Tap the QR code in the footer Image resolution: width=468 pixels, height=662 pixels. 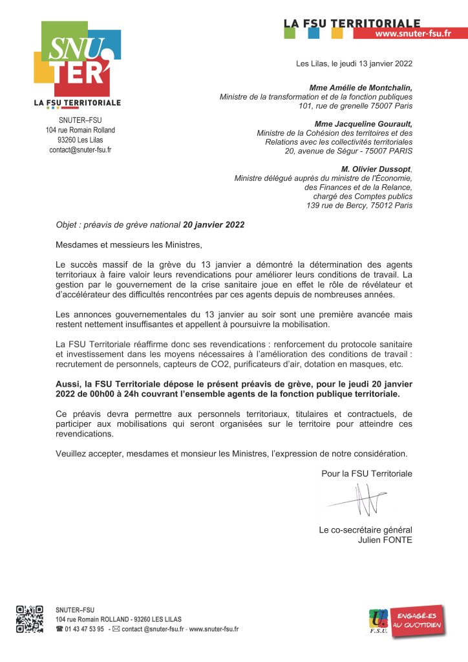30,619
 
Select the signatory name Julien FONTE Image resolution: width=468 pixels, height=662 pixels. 385,540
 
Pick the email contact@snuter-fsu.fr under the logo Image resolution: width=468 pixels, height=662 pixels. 80,149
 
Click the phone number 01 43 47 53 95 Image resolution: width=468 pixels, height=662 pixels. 84,628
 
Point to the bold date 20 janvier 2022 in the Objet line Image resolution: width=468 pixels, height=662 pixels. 214,226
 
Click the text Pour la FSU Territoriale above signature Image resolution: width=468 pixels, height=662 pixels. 367,474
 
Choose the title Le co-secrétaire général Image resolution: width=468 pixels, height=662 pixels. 365,530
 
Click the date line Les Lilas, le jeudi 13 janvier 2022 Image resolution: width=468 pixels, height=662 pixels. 354,63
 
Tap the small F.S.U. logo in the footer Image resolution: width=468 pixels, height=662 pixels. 378,621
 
